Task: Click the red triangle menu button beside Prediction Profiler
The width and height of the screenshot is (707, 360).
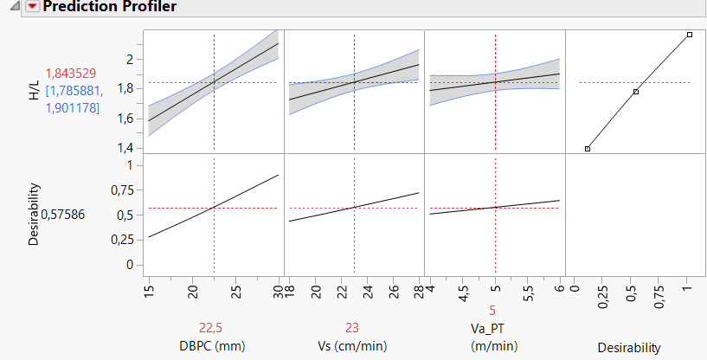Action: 33,7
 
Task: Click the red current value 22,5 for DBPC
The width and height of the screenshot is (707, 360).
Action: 214,329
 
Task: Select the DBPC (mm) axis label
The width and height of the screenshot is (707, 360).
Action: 214,347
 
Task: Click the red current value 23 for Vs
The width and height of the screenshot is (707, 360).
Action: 353,329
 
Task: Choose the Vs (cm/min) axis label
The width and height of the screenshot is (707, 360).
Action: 353,347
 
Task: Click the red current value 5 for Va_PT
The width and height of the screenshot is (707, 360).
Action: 493,329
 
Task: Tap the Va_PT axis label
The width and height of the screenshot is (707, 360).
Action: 493,347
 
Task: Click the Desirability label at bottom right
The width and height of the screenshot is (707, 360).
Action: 628,348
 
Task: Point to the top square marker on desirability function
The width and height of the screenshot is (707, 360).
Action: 690,35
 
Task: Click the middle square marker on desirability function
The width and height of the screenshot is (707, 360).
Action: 636,92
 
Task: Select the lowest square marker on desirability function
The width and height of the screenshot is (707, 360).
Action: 588,149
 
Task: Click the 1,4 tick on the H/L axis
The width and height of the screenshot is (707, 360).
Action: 127,148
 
